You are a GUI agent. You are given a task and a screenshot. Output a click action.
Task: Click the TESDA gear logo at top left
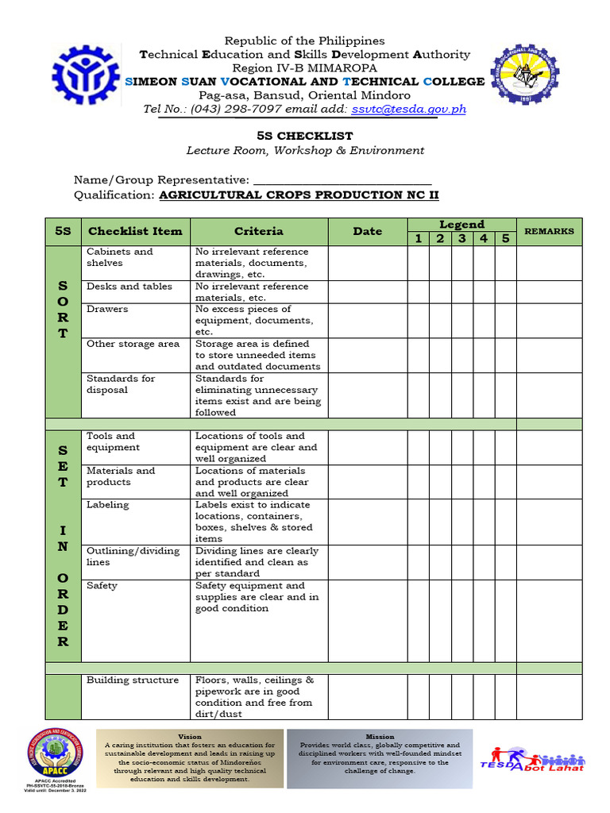pyautogui.click(x=86, y=76)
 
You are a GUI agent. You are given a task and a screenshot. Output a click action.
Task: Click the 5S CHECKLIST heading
pyautogui.click(x=305, y=136)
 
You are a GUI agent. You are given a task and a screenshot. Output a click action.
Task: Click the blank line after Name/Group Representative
pyautogui.click(x=342, y=180)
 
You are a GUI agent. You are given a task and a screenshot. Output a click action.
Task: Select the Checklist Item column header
pyautogui.click(x=135, y=232)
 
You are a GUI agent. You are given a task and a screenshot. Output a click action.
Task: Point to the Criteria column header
pyautogui.click(x=258, y=232)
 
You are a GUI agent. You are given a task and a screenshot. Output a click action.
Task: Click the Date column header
pyautogui.click(x=367, y=232)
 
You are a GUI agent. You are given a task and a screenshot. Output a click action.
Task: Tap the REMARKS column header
pyautogui.click(x=549, y=232)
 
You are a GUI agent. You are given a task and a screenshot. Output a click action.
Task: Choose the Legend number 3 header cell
pyautogui.click(x=461, y=239)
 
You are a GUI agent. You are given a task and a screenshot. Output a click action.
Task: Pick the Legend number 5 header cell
pyautogui.click(x=505, y=239)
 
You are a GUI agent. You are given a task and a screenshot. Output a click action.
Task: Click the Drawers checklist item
pyautogui.click(x=107, y=309)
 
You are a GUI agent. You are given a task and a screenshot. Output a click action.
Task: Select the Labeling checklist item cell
pyautogui.click(x=107, y=505)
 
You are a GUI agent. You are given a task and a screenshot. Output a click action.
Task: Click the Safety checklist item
pyautogui.click(x=102, y=586)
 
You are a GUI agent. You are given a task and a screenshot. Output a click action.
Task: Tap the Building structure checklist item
pyautogui.click(x=133, y=680)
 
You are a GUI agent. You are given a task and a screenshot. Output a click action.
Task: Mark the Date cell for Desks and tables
pyautogui.click(x=367, y=291)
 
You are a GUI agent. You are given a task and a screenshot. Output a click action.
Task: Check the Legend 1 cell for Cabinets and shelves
pyautogui.click(x=417, y=263)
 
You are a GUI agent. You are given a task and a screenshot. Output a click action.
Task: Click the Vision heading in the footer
pyautogui.click(x=190, y=737)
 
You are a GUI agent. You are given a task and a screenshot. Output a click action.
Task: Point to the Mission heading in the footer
pyautogui.click(x=380, y=737)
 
